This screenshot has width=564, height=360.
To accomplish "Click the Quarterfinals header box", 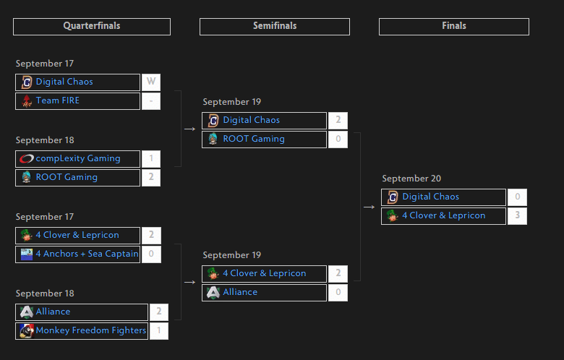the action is pos(92,27).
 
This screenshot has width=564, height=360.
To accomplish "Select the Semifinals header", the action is pos(275,27).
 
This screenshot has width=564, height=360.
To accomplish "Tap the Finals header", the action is pos(454,27).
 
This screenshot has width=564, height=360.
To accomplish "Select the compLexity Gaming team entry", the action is pos(77,158).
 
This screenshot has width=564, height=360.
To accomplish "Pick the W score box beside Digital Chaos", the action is pos(151,82).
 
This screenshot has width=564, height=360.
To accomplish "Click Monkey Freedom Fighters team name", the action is pos(91,330).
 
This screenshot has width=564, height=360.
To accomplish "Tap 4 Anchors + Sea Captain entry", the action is pos(77,254).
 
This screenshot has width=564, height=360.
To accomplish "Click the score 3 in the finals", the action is pos(517,216).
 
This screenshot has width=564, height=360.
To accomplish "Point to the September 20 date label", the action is pos(411,179).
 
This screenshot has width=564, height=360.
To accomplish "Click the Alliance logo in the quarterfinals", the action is pos(26,312).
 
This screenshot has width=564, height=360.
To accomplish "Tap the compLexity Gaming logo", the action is pos(26,158).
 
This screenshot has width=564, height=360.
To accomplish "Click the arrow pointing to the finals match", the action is pos(369,207).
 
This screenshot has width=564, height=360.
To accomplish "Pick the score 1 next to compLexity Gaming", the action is pos(151,158).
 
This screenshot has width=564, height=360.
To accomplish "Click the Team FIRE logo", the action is pos(26,101).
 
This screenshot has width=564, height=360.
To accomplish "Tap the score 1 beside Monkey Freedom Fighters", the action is pos(159,330).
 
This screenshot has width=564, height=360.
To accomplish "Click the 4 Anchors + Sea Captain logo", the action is pos(27,254).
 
